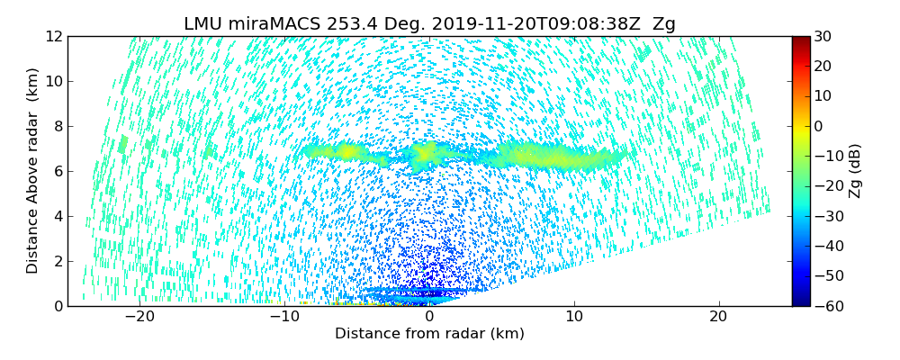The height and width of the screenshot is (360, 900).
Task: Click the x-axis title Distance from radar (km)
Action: click(429, 334)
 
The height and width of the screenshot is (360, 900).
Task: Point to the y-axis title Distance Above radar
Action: click(33, 171)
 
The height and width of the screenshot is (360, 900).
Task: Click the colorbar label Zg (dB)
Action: click(855, 171)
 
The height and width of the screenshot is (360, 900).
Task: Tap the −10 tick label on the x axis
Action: click(284, 317)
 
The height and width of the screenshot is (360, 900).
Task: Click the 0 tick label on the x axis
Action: click(429, 317)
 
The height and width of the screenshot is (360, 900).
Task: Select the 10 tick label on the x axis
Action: click(574, 317)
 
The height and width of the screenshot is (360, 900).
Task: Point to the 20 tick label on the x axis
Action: click(718, 317)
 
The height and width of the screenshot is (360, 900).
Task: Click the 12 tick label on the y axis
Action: click(55, 36)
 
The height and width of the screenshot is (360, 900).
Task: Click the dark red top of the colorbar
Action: click(800, 40)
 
